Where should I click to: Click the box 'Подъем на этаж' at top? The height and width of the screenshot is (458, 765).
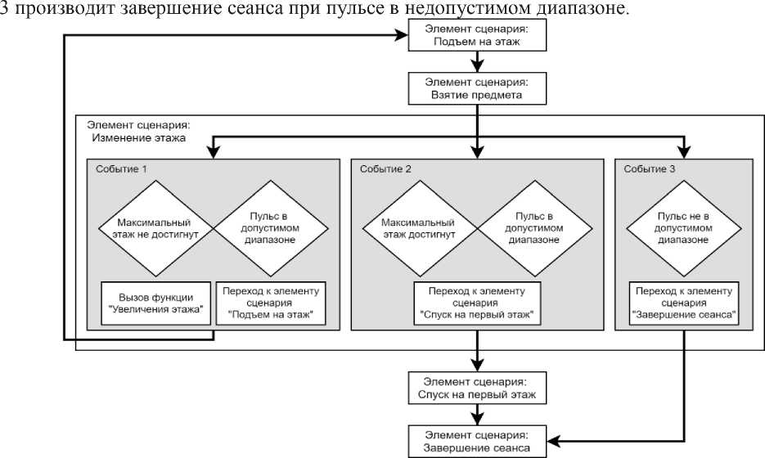pos(476,35)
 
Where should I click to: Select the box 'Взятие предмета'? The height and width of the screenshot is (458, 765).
pos(476,88)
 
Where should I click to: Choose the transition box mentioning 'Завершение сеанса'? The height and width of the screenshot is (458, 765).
pos(682,303)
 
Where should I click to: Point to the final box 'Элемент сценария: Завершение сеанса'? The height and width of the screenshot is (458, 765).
pos(476,440)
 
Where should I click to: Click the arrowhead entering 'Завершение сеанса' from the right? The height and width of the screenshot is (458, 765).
pos(552,440)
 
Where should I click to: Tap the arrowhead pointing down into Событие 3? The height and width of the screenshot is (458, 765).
pos(682,152)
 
